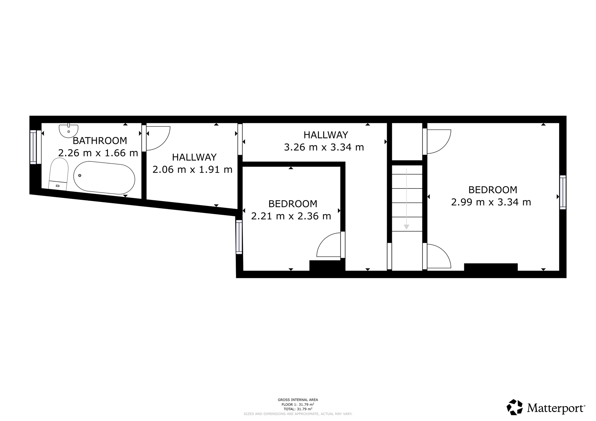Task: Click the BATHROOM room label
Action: point(100,141)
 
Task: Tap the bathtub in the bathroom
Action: point(104,178)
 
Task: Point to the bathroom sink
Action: point(69,131)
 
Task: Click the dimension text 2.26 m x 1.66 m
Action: point(98,153)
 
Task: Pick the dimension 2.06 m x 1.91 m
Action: point(193,170)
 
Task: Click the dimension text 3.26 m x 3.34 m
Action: point(324,147)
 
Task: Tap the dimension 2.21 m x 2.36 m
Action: point(291,216)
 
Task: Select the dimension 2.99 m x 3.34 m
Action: point(491,202)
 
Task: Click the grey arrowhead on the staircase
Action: point(406,227)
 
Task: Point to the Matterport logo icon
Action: point(515,407)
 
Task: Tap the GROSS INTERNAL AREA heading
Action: point(298,400)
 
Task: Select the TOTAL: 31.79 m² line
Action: point(298,409)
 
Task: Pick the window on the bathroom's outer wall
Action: point(33,147)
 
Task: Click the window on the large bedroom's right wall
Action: point(563,192)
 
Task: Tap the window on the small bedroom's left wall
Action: point(239,237)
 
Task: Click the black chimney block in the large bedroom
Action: point(491,267)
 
